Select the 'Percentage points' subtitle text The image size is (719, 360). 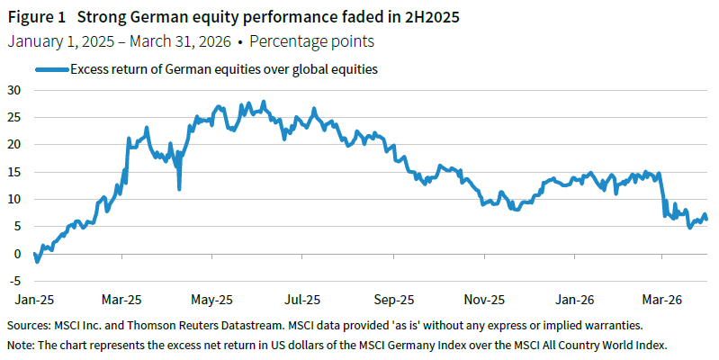coord(311,41)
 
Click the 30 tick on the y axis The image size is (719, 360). coord(14,90)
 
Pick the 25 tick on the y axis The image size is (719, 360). coord(14,117)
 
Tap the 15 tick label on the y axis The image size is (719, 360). coord(14,172)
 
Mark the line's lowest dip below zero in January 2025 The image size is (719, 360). coord(37,262)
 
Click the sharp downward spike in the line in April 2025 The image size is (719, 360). coord(179,188)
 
